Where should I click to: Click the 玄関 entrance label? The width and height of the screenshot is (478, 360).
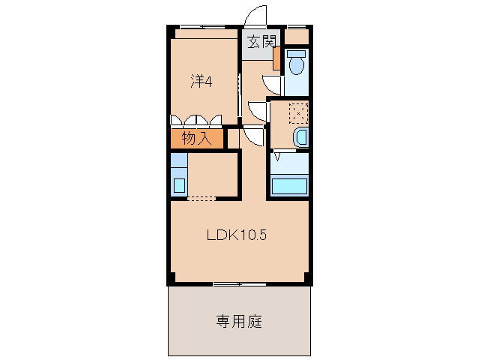coord(257,43)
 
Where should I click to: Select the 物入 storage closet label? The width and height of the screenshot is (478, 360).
coord(196,139)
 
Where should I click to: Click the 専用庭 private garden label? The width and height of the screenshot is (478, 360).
coord(239,322)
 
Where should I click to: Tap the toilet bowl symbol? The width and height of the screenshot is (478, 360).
coord(295,64)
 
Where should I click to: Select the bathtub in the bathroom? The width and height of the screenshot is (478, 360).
coord(290,185)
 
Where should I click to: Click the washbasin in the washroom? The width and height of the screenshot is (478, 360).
coord(299,137)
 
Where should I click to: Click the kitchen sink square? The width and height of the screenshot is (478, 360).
coord(180,184)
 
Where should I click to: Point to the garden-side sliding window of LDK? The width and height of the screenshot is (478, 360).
coord(238,283)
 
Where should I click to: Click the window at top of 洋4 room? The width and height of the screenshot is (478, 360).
coord(204,28)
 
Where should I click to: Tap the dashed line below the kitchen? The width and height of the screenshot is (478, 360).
coord(201,199)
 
